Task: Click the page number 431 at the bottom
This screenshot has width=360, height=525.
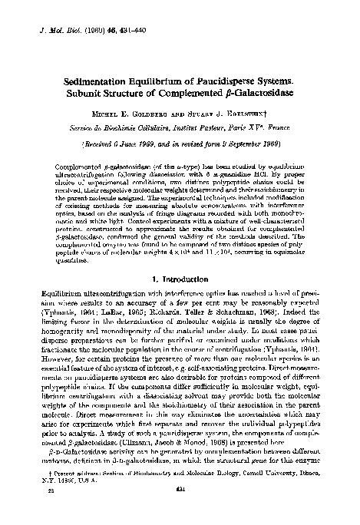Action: [182, 509]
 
